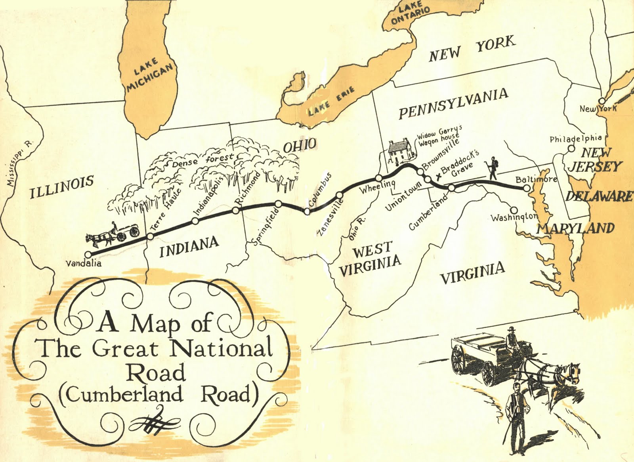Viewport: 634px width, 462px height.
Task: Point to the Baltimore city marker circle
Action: click(527, 189)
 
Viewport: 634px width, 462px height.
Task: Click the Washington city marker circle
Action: click(514, 210)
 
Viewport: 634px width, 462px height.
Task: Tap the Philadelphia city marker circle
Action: click(571, 149)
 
